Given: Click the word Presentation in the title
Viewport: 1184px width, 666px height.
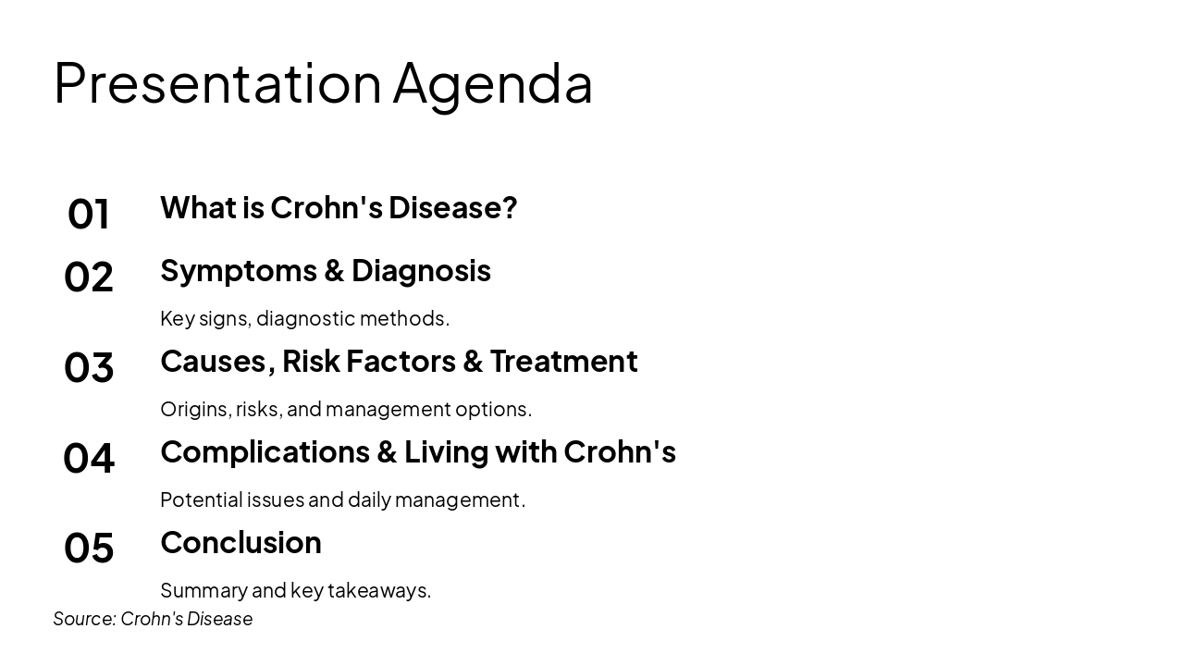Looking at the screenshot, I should pyautogui.click(x=217, y=83).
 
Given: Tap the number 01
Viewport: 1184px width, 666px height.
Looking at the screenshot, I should pyautogui.click(x=89, y=215).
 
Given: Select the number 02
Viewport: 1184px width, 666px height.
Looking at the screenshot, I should pyautogui.click(x=89, y=277).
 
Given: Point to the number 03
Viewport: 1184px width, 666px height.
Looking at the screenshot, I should pyautogui.click(x=89, y=368).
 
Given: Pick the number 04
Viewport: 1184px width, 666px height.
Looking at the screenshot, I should pyautogui.click(x=89, y=459).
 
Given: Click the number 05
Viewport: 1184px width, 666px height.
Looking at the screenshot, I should pyautogui.click(x=89, y=549).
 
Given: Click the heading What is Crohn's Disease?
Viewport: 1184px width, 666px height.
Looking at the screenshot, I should pyautogui.click(x=339, y=208).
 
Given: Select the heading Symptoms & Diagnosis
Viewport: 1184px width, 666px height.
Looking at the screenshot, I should pyautogui.click(x=325, y=271).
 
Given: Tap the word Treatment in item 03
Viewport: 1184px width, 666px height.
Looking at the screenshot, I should pyautogui.click(x=563, y=362).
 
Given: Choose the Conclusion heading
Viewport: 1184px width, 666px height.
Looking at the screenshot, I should pyautogui.click(x=240, y=543).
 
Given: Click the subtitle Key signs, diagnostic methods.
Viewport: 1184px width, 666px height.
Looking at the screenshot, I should pyautogui.click(x=304, y=318).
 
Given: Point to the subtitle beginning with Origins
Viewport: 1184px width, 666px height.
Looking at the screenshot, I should pyautogui.click(x=346, y=409).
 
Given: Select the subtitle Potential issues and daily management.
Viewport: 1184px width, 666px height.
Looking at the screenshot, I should pyautogui.click(x=342, y=499).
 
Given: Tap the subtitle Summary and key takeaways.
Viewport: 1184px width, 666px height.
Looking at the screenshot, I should pyautogui.click(x=295, y=590).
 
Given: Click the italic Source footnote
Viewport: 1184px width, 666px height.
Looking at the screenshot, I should pyautogui.click(x=153, y=619).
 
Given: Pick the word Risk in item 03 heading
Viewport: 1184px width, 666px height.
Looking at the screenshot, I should pyautogui.click(x=312, y=362).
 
